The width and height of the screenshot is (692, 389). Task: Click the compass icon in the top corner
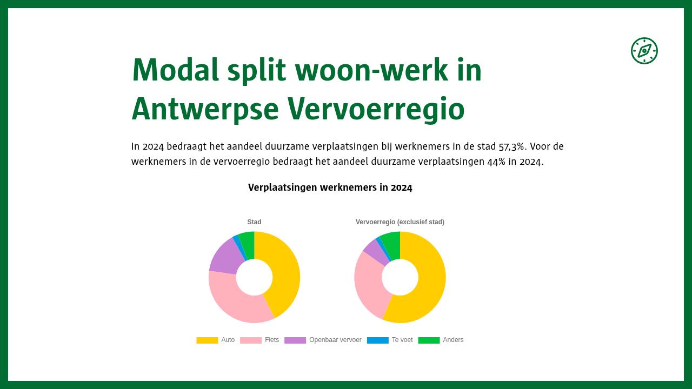point(644,51)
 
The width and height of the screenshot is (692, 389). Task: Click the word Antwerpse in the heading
point(204,109)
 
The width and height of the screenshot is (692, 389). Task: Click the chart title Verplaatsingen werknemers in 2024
point(330,187)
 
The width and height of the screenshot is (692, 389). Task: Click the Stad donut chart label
point(254,222)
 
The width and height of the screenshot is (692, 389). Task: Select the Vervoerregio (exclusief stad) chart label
point(400,222)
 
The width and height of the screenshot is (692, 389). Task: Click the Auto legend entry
point(215,340)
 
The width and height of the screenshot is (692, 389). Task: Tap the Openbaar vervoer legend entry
point(323,340)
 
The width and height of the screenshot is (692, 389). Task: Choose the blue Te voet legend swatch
point(377,340)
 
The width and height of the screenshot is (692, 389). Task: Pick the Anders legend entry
point(441,340)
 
